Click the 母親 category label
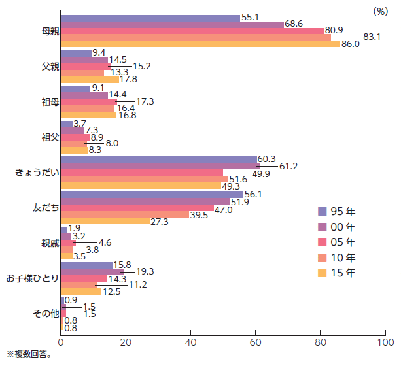pyautogui.click(x=48, y=31)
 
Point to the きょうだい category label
pyautogui.click(x=37, y=172)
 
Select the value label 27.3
pyautogui.click(x=160, y=222)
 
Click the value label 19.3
pyautogui.click(x=145, y=271)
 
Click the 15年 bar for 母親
pyautogui.click(x=200, y=44)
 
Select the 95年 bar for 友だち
pyautogui.click(x=152, y=195)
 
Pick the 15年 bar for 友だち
pyautogui.click(x=105, y=220)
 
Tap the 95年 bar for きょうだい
pyautogui.click(x=158, y=159)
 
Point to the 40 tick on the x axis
pyautogui.click(x=190, y=341)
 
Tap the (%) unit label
pyautogui.click(x=379, y=11)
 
